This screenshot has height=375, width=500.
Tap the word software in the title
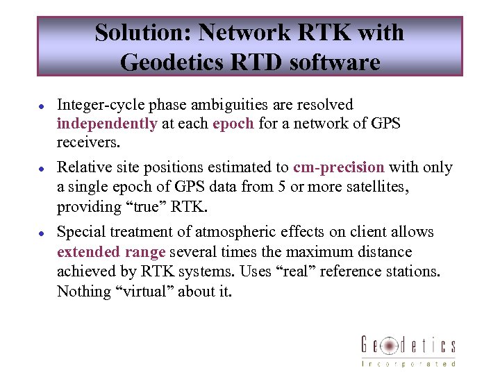point(333,62)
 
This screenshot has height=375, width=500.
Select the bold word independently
point(107,124)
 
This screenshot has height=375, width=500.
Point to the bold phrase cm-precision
point(338,167)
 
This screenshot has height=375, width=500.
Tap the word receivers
point(88,143)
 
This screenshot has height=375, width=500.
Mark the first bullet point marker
point(42,106)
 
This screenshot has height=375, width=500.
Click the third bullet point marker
point(42,233)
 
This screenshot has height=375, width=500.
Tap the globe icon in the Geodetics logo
point(390,345)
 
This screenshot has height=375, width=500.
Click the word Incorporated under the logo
point(408,363)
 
